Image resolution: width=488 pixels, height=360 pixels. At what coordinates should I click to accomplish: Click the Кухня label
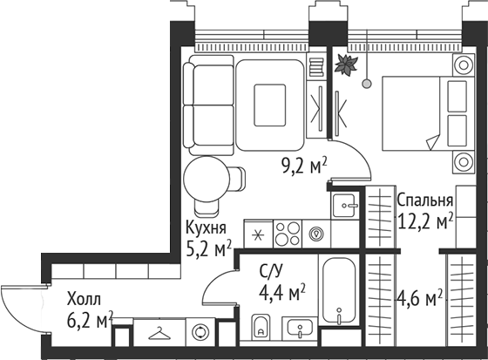[206, 228]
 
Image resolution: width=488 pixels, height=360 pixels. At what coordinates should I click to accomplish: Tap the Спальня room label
[425, 200]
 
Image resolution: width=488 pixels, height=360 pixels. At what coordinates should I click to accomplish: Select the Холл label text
[84, 300]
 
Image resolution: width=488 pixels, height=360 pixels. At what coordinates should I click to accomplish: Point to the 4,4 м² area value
[282, 293]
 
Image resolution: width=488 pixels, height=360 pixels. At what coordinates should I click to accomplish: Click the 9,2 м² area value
[304, 166]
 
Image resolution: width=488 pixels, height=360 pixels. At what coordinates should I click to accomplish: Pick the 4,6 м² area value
[419, 298]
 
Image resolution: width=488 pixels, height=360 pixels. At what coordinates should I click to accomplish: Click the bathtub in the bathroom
[339, 290]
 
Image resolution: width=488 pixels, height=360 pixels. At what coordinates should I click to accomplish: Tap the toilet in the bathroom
[261, 326]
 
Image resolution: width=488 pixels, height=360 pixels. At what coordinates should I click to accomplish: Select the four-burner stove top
[288, 234]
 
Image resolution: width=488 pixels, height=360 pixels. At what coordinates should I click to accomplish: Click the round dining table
[207, 179]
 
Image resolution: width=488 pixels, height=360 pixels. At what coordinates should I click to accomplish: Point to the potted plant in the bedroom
[346, 65]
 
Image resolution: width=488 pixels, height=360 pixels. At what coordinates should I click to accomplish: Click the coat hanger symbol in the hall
[159, 333]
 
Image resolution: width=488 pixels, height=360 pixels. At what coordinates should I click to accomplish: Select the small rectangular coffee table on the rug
[270, 105]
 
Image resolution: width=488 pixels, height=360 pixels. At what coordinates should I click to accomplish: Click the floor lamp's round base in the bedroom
[367, 84]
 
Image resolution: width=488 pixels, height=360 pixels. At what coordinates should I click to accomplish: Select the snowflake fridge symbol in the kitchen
[258, 234]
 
